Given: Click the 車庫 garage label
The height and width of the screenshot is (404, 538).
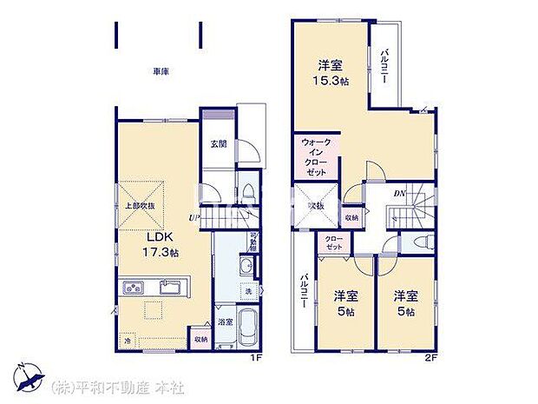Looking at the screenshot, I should pyautogui.click(x=161, y=72).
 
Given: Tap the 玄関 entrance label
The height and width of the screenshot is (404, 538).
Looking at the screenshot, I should pyautogui.click(x=217, y=144).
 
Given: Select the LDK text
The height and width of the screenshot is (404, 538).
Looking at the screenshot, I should pyautogui.click(x=157, y=237).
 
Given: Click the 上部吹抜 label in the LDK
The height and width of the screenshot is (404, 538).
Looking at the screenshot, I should pyautogui.click(x=139, y=206).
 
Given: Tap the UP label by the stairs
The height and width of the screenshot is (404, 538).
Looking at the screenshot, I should pyautogui.click(x=196, y=218).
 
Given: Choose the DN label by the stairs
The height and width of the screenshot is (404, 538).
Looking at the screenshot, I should pyautogui.click(x=402, y=193).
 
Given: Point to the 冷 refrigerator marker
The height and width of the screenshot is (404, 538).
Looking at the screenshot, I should pyautogui.click(x=128, y=340).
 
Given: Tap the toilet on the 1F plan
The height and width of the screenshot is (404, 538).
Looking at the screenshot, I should pyautogui.click(x=247, y=191).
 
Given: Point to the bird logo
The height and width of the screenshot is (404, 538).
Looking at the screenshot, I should pyautogui.click(x=30, y=380).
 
